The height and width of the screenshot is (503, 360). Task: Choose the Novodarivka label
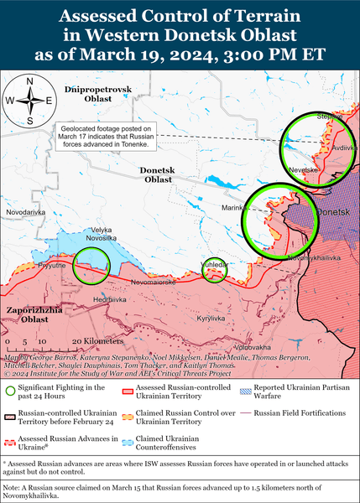[x=24, y=213]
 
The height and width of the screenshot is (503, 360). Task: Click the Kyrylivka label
[x=211, y=318]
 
